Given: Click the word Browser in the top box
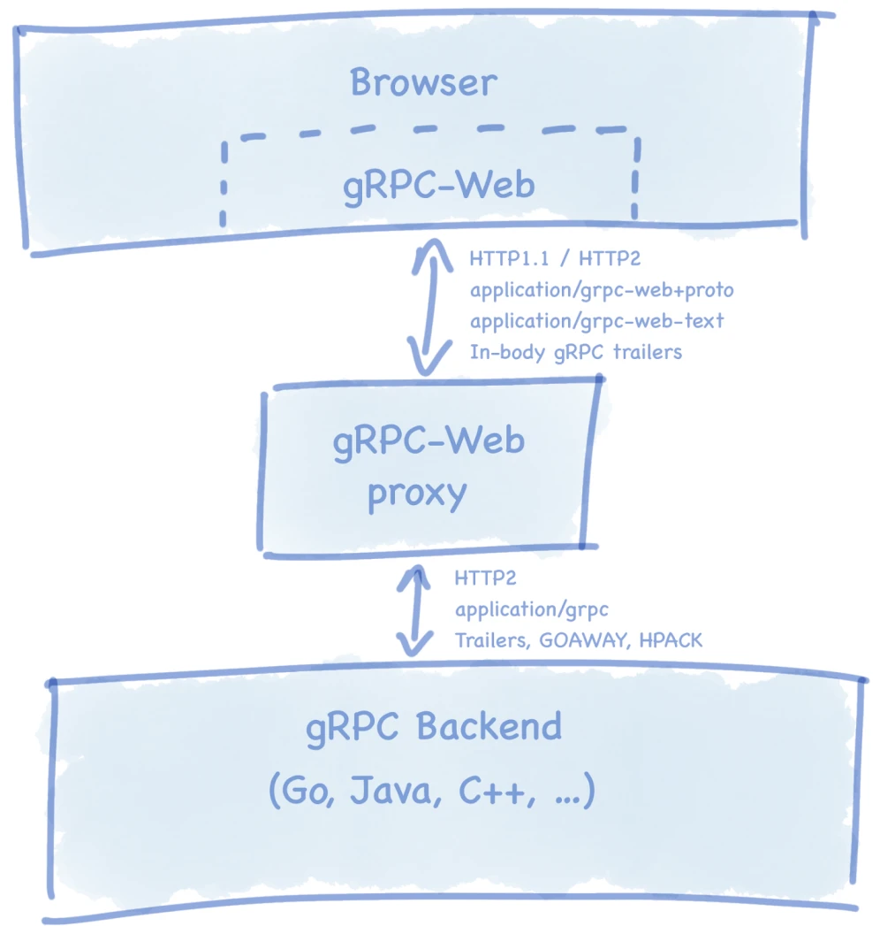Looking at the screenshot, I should [x=423, y=82].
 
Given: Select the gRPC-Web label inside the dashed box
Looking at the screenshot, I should [x=438, y=186].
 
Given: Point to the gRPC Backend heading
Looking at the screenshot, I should [x=433, y=727].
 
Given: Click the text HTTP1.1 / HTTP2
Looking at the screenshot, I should [x=555, y=260].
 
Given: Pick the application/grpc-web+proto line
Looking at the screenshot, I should [x=601, y=290].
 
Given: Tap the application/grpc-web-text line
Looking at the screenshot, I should [x=596, y=320].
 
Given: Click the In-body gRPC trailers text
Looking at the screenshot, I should [x=575, y=351].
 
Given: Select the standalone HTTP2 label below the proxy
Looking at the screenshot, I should [x=485, y=578].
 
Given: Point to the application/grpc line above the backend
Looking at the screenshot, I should [x=531, y=609].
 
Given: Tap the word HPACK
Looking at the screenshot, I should [x=672, y=639].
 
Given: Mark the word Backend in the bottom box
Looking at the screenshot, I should [x=489, y=727].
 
